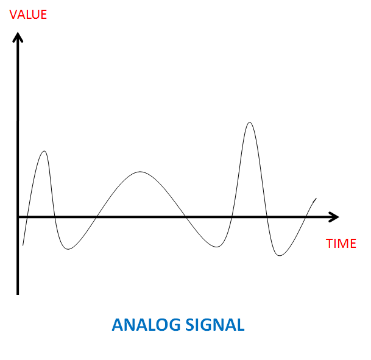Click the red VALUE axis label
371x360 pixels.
click(28, 15)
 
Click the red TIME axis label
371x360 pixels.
click(341, 244)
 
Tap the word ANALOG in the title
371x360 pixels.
click(146, 325)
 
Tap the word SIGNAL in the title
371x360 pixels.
click(215, 325)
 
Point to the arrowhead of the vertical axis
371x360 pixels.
click(18, 33)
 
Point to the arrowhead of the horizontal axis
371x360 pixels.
click(338, 217)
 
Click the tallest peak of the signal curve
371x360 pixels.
click(250, 122)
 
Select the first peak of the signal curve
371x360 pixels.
click(44, 151)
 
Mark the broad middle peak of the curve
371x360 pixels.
click(140, 172)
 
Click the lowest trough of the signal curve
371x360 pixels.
click(280, 255)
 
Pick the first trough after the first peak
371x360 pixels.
click(68, 249)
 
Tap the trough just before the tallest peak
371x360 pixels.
click(217, 247)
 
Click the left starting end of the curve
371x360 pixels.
click(23, 245)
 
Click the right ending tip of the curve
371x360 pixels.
click(316, 198)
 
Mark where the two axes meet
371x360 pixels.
click(18, 217)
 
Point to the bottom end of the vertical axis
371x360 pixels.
click(18, 294)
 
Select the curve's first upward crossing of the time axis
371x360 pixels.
click(27, 217)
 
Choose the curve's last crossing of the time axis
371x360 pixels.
click(306, 217)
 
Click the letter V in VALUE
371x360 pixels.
click(13, 15)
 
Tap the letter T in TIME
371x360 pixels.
click(330, 244)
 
